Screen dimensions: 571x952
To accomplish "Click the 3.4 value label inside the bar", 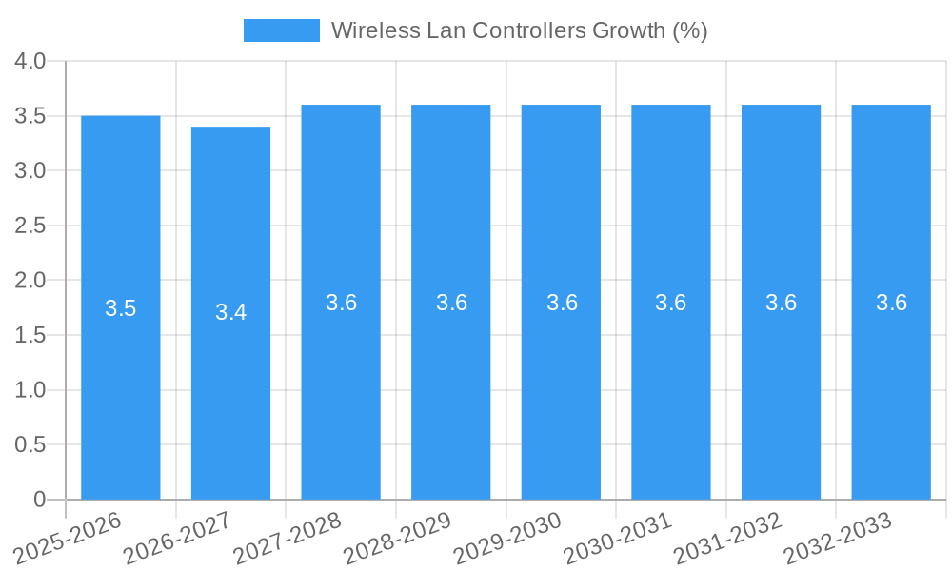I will [230, 312].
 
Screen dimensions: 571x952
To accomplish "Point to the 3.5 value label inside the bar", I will [121, 308].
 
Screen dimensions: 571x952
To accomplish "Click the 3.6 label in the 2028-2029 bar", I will [451, 303].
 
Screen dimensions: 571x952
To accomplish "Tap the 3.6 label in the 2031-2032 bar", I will [781, 303].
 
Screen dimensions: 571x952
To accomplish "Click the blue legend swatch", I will [282, 30].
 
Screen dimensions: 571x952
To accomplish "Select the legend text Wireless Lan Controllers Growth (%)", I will [519, 30].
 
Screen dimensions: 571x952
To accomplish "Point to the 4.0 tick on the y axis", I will [30, 61].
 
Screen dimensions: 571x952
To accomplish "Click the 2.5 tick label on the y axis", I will [30, 226].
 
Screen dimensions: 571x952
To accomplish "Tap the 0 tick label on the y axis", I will [39, 500].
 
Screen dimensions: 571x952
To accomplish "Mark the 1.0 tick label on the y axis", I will [30, 390].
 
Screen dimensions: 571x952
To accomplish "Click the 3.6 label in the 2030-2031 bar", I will [671, 303].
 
